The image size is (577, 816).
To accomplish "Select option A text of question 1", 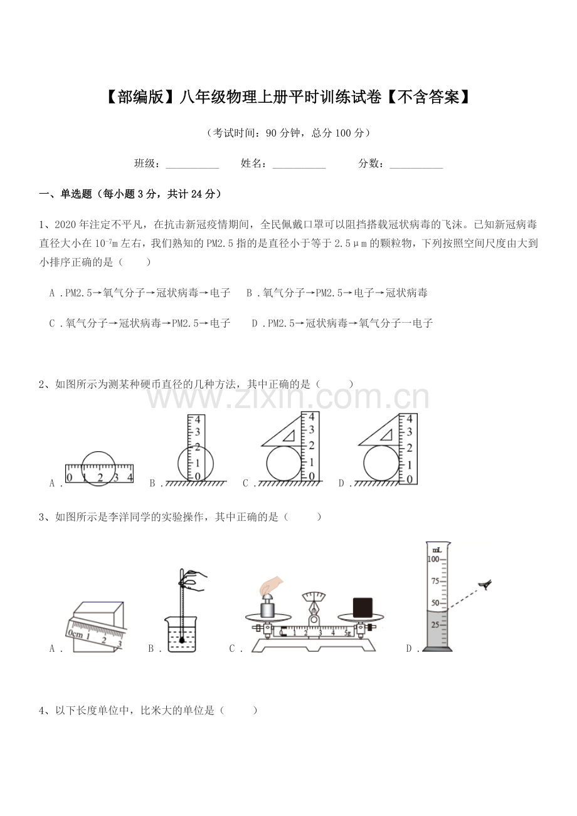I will (x=139, y=293).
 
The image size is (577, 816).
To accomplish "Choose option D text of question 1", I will (x=342, y=323).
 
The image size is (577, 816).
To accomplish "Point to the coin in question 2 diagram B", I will (x=195, y=463).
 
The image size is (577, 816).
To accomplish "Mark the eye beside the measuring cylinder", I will (x=484, y=585).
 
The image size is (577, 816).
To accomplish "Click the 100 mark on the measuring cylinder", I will (x=433, y=558).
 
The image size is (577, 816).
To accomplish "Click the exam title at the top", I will (x=288, y=97).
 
